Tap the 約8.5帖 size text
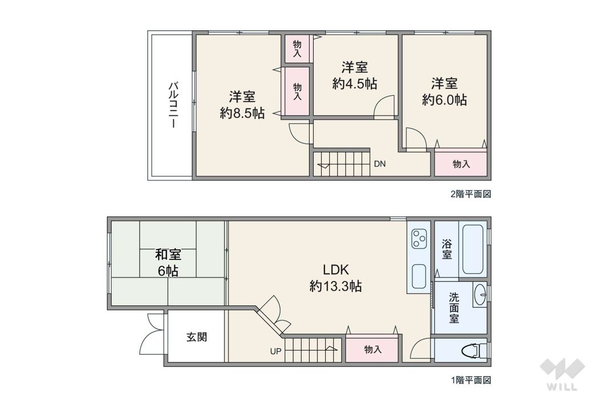point(242,113)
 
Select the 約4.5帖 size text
point(354,83)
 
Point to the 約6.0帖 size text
point(444,99)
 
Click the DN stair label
point(380,164)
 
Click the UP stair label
point(275,351)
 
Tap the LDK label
point(335,269)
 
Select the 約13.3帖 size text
point(335,286)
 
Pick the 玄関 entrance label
point(196,337)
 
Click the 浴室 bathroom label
point(447,249)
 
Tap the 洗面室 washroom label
point(453,308)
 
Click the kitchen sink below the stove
point(419,277)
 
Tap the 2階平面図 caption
point(471,194)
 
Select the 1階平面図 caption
point(471,379)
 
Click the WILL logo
point(561,377)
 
